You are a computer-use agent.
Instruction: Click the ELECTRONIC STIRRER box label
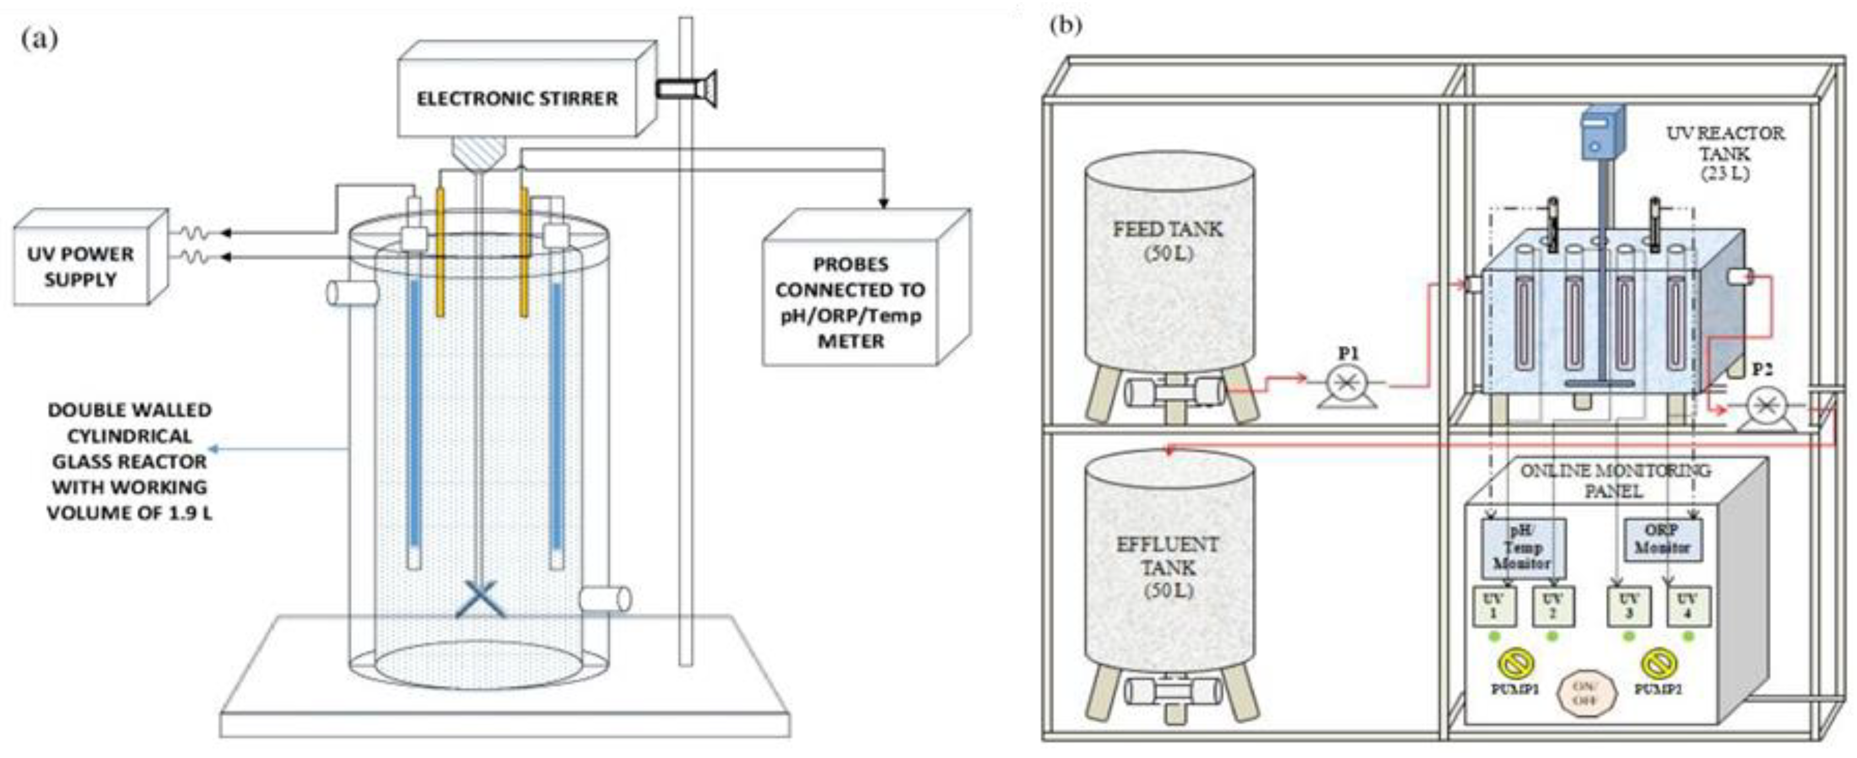pyautogui.click(x=517, y=98)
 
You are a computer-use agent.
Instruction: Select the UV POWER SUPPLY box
pyautogui.click(x=81, y=267)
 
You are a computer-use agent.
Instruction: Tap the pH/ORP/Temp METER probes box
pyautogui.click(x=851, y=302)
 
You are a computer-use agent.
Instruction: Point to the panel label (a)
pyautogui.click(x=40, y=38)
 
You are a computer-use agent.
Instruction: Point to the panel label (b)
pyautogui.click(x=1066, y=26)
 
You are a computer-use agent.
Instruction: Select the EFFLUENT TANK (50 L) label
pyautogui.click(x=1167, y=567)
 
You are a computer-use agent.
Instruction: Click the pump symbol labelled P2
pyautogui.click(x=1764, y=407)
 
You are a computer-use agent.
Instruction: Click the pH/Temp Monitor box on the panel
pyautogui.click(x=1522, y=547)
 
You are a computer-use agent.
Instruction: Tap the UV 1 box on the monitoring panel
pyautogui.click(x=1493, y=606)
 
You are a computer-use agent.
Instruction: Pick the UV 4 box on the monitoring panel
pyautogui.click(x=1686, y=606)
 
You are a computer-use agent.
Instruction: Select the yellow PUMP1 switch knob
pyautogui.click(x=1515, y=664)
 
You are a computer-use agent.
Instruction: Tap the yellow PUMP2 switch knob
pyautogui.click(x=1658, y=664)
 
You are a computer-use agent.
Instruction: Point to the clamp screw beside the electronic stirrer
pyautogui.click(x=685, y=89)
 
